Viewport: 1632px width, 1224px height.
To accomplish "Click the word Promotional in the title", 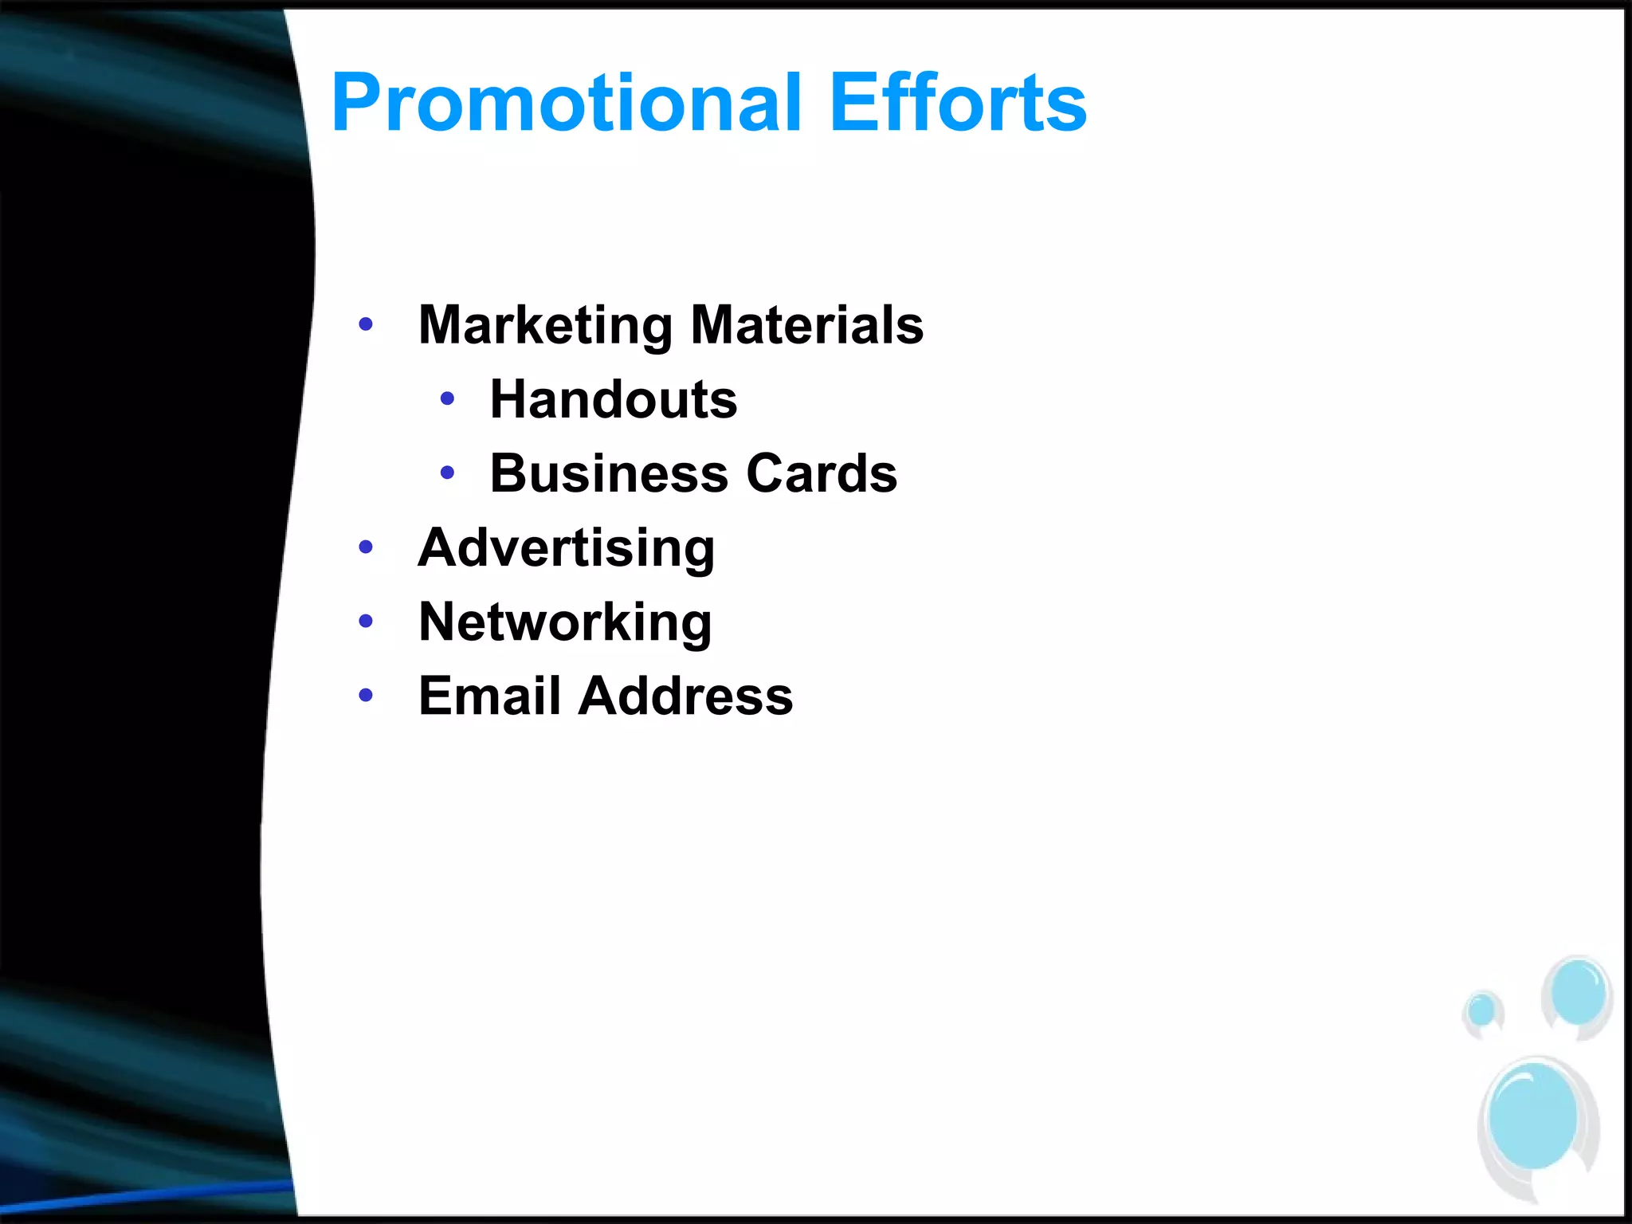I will [566, 104].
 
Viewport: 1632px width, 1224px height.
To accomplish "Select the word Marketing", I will [546, 325].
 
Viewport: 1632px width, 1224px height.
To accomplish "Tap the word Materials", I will [806, 325].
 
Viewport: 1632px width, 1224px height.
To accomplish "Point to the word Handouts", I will [614, 399].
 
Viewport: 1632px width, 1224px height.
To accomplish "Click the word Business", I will [609, 473].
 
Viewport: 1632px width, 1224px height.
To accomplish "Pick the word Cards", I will [822, 473].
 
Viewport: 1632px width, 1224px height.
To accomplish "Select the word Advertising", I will [566, 548].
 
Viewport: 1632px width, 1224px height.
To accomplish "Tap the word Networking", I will [565, 622].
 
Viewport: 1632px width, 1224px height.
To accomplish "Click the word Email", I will [490, 696].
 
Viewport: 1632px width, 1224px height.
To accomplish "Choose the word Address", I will [686, 696].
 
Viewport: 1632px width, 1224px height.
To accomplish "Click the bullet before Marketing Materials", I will [366, 324].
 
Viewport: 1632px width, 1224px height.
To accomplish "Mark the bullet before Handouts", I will [447, 398].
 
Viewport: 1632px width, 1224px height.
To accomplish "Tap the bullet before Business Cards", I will [447, 473].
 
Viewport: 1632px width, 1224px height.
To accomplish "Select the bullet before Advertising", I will [366, 547].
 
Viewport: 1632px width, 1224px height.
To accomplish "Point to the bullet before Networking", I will [366, 621].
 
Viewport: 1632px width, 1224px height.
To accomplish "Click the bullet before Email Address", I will [366, 695].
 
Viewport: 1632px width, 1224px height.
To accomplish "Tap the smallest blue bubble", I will [1481, 1010].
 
